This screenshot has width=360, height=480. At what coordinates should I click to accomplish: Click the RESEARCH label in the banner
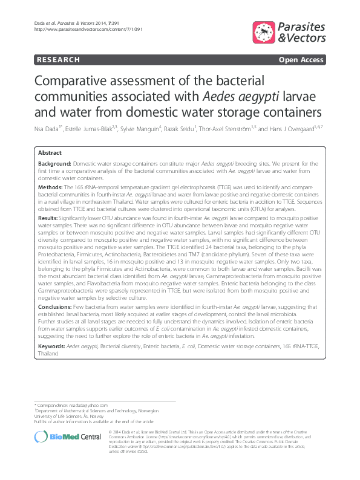58,60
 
